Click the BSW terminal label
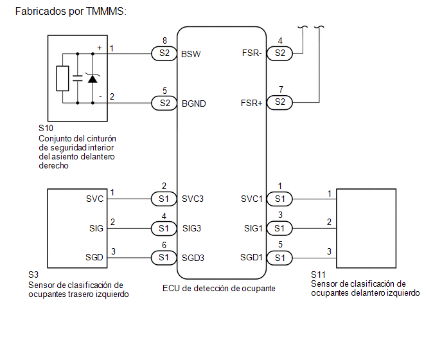[x=191, y=54]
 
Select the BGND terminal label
[x=193, y=104]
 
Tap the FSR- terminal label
[x=252, y=53]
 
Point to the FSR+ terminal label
[x=251, y=103]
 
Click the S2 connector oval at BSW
[x=164, y=53]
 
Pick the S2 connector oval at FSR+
[x=279, y=102]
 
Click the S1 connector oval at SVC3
[x=164, y=199]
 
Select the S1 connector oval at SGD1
[x=279, y=258]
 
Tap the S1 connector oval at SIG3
[x=164, y=228]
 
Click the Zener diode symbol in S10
[x=93, y=78]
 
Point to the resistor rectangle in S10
[x=62, y=78]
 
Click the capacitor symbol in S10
[x=78, y=78]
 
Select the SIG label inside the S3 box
[x=96, y=228]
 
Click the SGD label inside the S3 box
[x=94, y=257]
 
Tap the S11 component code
[x=318, y=274]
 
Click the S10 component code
[x=46, y=128]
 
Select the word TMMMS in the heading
[x=105, y=12]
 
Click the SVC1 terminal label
[x=252, y=199]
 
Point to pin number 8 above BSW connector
[x=164, y=41]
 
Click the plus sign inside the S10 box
[x=100, y=48]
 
